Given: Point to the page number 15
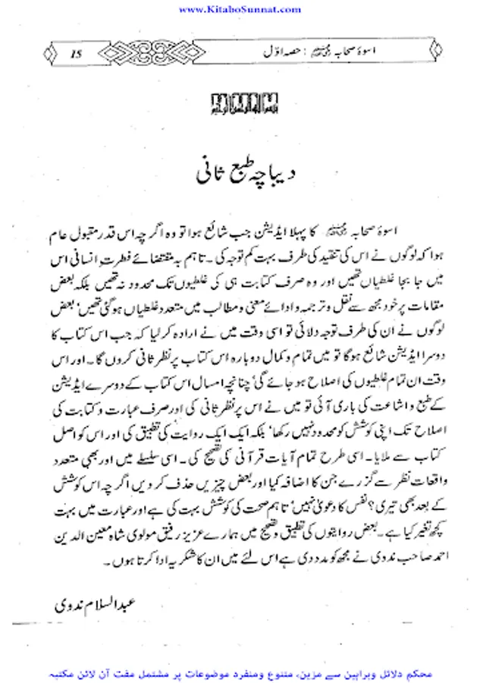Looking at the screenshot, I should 76,52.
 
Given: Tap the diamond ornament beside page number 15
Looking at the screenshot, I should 49,52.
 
